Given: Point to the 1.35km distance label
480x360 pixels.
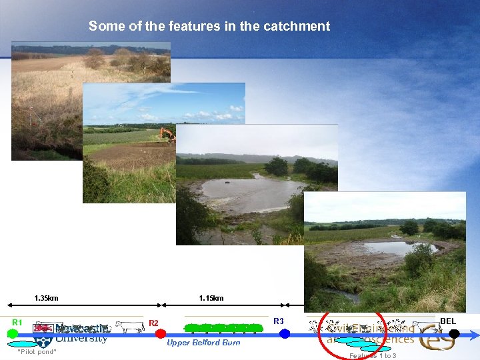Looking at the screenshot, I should [46, 298].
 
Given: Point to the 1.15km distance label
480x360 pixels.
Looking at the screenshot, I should [211, 298].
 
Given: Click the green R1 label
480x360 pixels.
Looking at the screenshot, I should [17, 323].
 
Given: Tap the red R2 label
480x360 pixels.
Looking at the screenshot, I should [153, 323].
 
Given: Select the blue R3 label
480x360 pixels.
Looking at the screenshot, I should [279, 321].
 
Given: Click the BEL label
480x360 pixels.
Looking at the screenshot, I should [448, 321].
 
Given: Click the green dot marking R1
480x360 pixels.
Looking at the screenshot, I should [12, 333].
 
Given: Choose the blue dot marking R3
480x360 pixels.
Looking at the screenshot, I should [285, 333].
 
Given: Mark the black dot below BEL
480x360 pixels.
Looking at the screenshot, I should [455, 333].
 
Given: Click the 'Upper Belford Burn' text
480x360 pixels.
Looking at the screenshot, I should [203, 343].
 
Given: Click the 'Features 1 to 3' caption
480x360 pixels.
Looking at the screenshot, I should [373, 355].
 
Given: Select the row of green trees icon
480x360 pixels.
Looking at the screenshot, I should [223, 327].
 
